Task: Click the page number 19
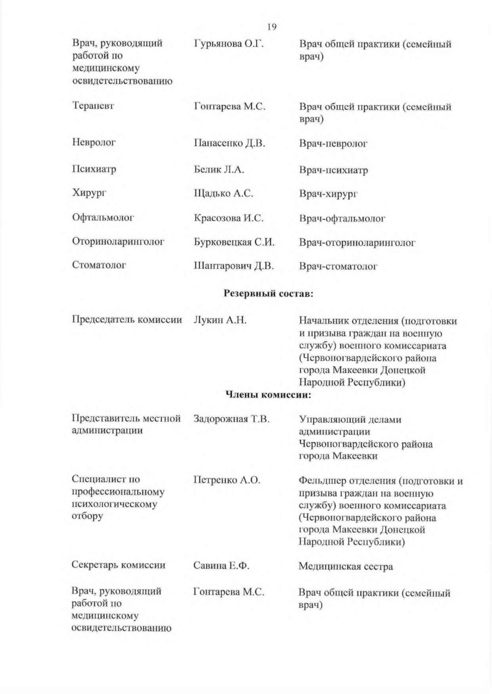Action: (x=271, y=27)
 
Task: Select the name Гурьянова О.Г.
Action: (x=229, y=44)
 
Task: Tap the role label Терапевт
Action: (x=93, y=106)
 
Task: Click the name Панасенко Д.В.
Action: (x=229, y=143)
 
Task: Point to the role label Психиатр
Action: (x=94, y=169)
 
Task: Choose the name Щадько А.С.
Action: (x=223, y=193)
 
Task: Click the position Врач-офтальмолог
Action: (x=342, y=218)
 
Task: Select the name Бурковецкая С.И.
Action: (x=234, y=242)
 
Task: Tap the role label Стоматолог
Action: (x=99, y=265)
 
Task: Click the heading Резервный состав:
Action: (x=269, y=293)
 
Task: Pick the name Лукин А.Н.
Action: (x=220, y=320)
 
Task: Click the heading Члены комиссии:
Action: (x=268, y=394)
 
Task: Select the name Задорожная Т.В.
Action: (x=231, y=419)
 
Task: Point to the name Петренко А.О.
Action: (x=227, y=480)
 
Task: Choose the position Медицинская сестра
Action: (x=345, y=566)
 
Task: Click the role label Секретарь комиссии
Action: (x=118, y=565)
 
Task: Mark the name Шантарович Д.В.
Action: (x=234, y=266)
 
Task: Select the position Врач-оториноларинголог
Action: (x=357, y=243)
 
